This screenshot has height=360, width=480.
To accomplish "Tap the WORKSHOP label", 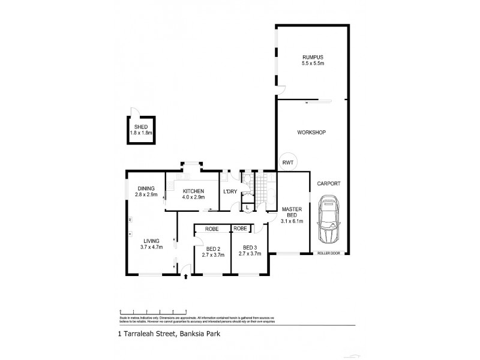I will pos(312,132).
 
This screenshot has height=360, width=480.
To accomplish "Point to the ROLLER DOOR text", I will pos(328,254).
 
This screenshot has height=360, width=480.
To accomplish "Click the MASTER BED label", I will pos(292,212).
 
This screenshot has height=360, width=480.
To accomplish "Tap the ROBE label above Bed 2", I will pos(211,229).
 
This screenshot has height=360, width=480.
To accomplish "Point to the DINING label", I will pos(146,188).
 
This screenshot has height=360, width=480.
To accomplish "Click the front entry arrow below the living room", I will pos(185,277).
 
